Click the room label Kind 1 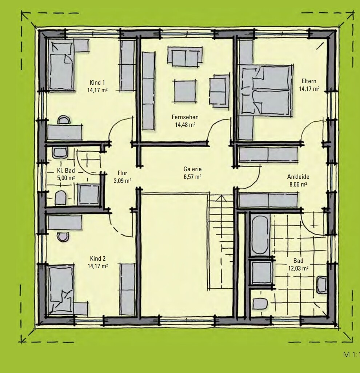97,83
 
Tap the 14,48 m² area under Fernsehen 185,125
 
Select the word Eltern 309,81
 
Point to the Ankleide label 298,177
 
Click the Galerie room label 192,169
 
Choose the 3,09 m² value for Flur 122,181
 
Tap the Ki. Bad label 66,171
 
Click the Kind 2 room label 97,258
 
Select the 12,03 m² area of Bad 299,269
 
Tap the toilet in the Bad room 260,304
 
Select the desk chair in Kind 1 64,120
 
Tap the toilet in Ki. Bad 60,198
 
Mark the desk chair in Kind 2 63,237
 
